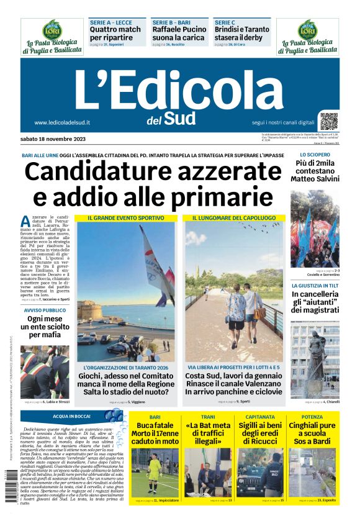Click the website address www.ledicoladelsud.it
[63, 123]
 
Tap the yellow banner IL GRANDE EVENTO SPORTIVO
[126, 218]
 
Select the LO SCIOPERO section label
[315, 155]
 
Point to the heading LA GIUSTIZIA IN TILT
[315, 285]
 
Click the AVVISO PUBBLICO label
[45, 310]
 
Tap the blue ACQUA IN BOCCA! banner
[72, 416]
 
